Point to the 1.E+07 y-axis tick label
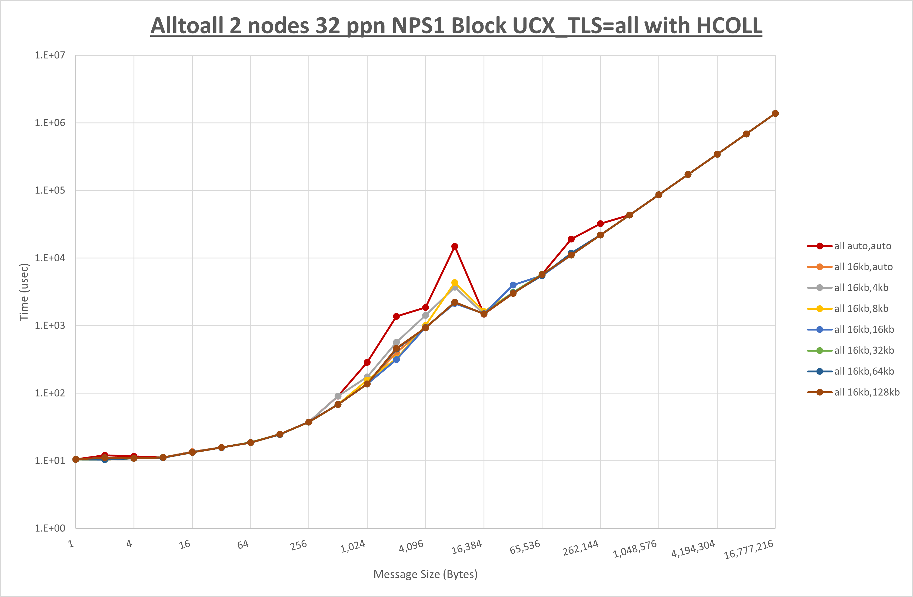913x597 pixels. [50, 55]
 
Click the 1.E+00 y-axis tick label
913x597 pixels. [50, 528]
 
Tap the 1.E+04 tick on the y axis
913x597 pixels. [50, 258]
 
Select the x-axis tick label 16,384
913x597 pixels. [467, 547]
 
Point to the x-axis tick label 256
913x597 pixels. [298, 545]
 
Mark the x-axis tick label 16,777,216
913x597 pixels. [748, 549]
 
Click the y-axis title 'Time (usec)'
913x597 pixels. [24, 292]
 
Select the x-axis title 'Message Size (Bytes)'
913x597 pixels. [425, 574]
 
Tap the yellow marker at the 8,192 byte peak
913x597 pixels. [455, 283]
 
